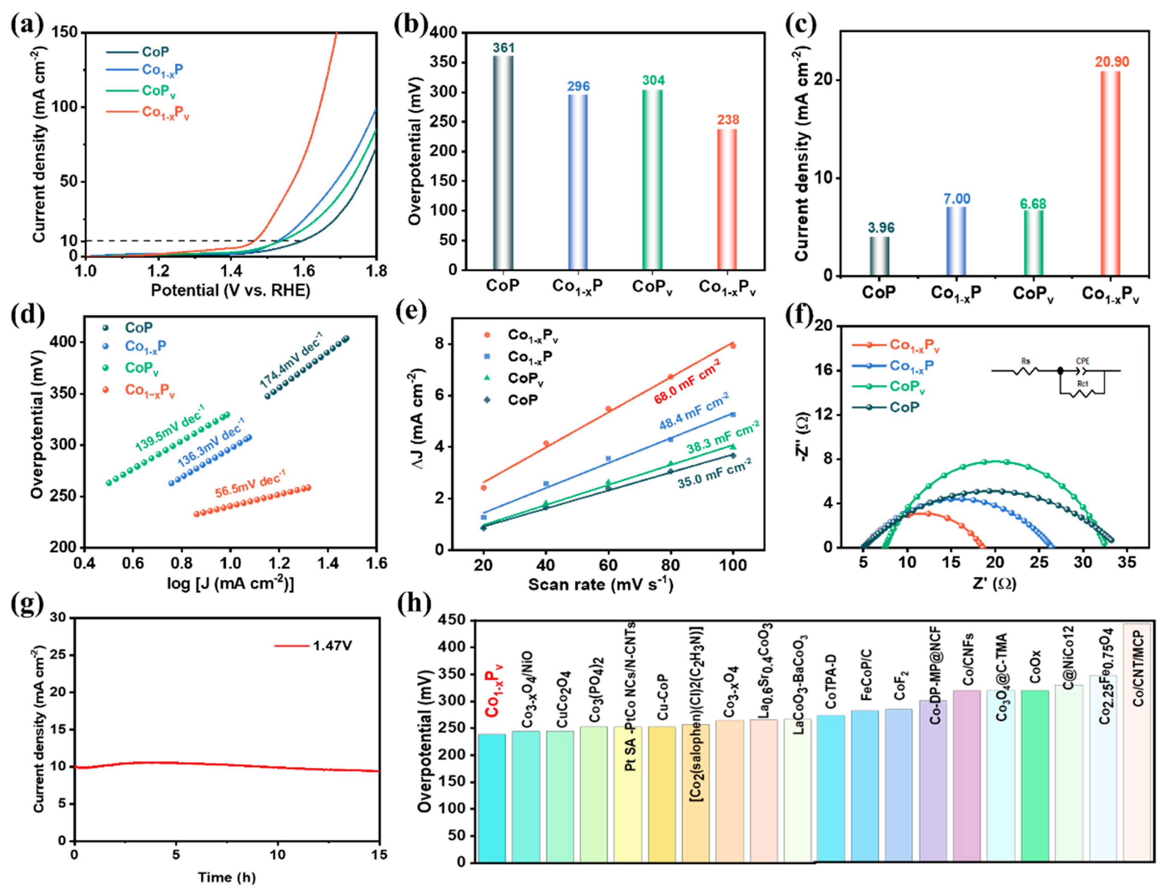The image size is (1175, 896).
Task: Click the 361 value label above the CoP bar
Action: click(503, 48)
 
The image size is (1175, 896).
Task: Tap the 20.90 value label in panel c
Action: click(1112, 62)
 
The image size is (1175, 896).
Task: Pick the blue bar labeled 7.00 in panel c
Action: click(956, 240)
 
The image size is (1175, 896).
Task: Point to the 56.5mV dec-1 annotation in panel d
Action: click(251, 483)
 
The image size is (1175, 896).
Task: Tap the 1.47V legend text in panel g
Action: click(332, 646)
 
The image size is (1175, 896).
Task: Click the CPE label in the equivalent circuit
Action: click(1082, 362)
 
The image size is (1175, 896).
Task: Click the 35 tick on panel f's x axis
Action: click(1126, 563)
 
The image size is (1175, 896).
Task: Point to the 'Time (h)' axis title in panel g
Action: click(227, 877)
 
